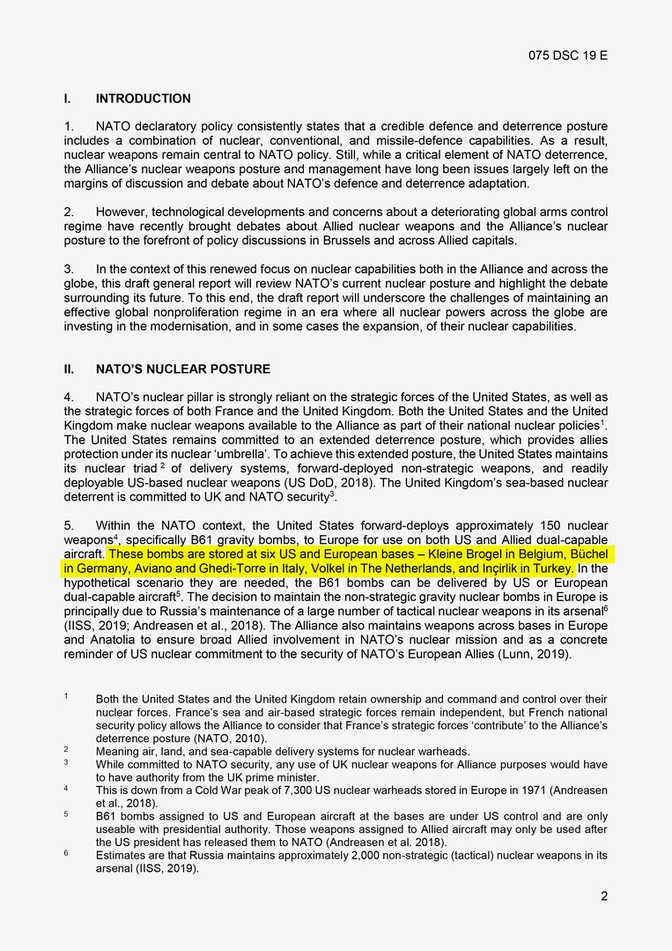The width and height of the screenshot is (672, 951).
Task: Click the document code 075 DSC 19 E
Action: coord(568,56)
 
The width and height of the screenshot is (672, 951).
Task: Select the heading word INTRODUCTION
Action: coord(143,99)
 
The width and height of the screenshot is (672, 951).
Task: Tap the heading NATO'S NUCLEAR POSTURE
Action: coord(183,369)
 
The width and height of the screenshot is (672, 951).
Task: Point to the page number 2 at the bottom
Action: coord(604,896)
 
